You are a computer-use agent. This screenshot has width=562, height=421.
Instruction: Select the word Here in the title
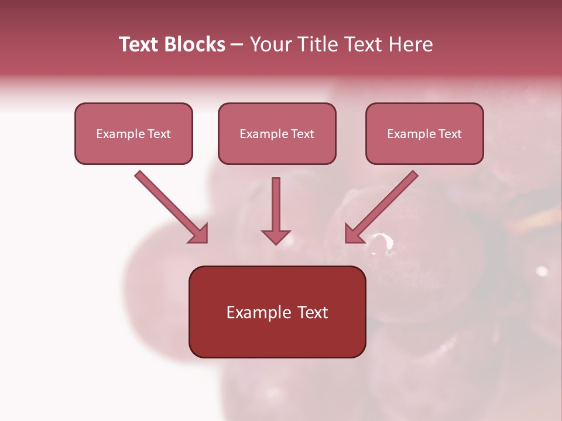412,44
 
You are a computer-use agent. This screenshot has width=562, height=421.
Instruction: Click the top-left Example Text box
133,133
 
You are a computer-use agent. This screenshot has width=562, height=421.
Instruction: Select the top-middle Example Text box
277,133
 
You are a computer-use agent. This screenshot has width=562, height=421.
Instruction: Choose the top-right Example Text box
424,133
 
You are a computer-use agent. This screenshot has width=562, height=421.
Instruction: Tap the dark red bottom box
277,312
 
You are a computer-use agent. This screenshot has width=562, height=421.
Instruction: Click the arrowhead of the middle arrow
276,237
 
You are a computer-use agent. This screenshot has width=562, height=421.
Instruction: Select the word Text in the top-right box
450,134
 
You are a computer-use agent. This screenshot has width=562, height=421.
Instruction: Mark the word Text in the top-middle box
302,134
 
